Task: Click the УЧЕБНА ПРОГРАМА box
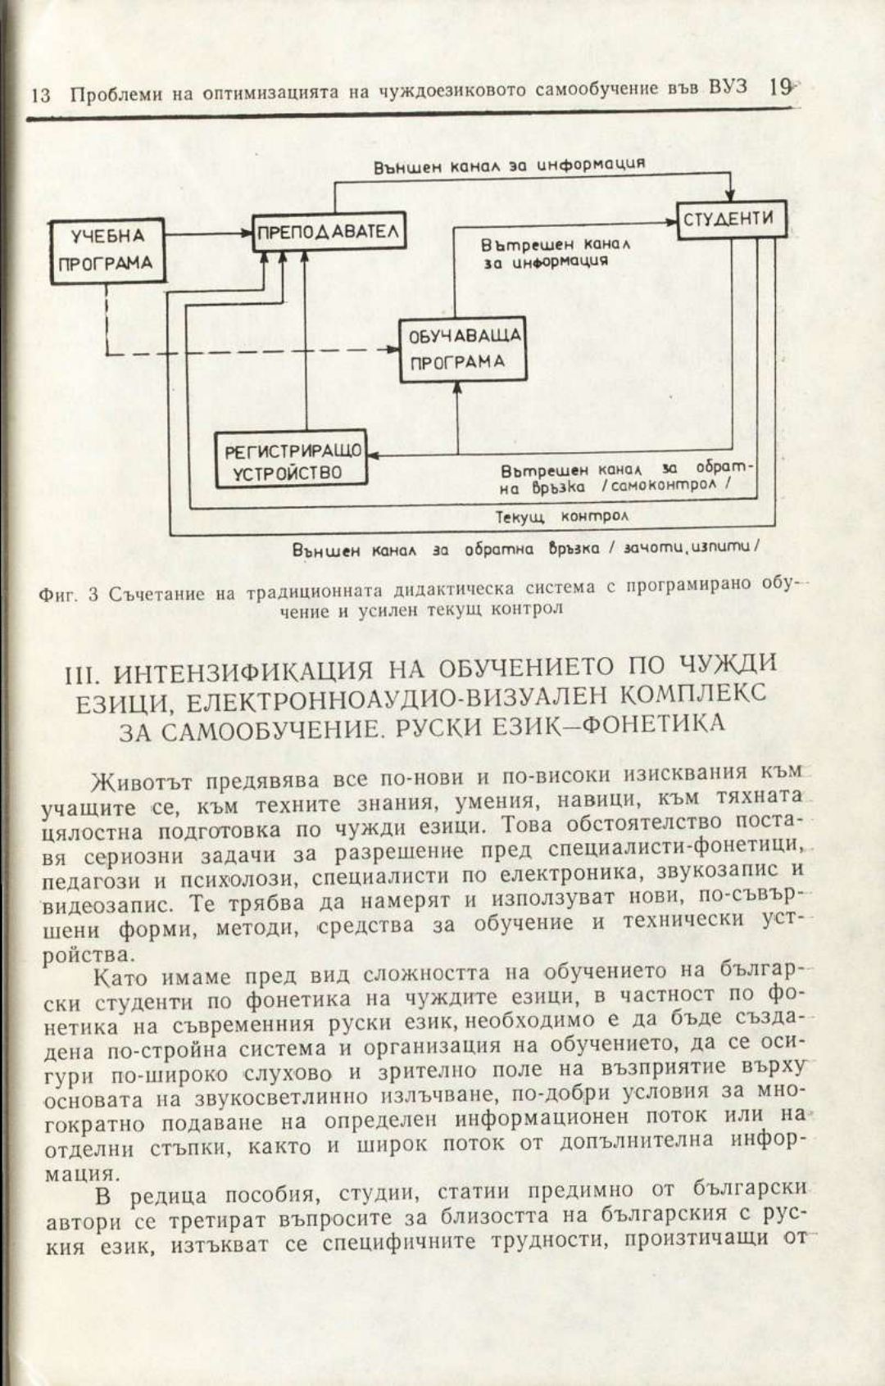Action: tap(107, 250)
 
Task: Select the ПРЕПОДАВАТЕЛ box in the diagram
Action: tap(328, 232)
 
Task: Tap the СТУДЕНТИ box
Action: tap(728, 219)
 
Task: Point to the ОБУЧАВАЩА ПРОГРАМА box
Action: tap(463, 349)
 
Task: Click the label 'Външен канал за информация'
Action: tap(508, 165)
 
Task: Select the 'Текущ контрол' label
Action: tap(561, 517)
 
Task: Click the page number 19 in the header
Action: tap(779, 87)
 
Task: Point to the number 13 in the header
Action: tap(41, 95)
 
